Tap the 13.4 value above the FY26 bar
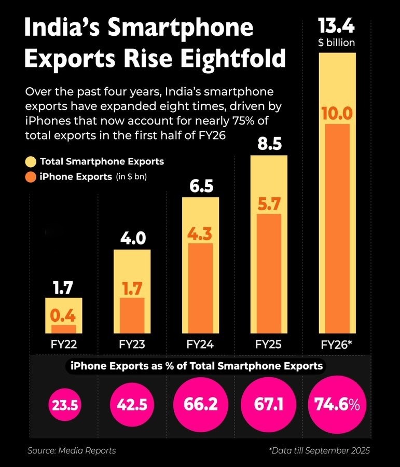pyautogui.click(x=337, y=26)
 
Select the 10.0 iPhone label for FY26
pyautogui.click(x=337, y=113)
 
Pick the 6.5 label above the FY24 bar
pyautogui.click(x=201, y=186)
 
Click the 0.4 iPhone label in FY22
pyautogui.click(x=64, y=315)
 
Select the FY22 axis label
pyautogui.click(x=64, y=344)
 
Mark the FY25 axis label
pyautogui.click(x=268, y=344)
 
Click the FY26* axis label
pyautogui.click(x=337, y=344)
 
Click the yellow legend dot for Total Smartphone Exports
pyautogui.click(x=31, y=161)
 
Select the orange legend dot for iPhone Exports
pyautogui.click(x=31, y=177)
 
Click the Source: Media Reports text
pyautogui.click(x=72, y=450)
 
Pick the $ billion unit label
pyautogui.click(x=337, y=43)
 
